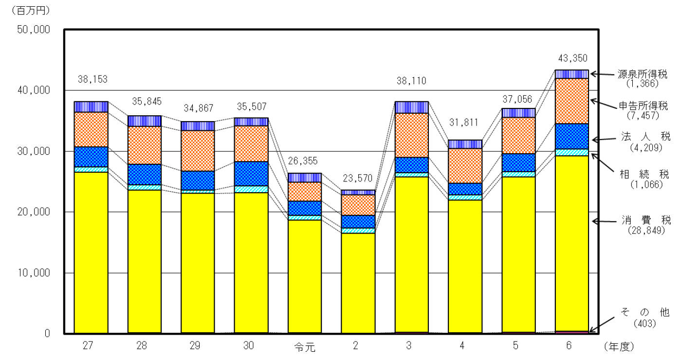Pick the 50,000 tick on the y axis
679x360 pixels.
pos(34,30)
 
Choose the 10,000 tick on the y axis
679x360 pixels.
pos(34,273)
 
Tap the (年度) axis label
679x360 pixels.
pos(619,346)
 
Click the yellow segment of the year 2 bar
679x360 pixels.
pos(358,282)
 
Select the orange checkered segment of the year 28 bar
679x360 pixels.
pos(145,145)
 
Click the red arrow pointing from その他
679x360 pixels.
pos(604,324)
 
